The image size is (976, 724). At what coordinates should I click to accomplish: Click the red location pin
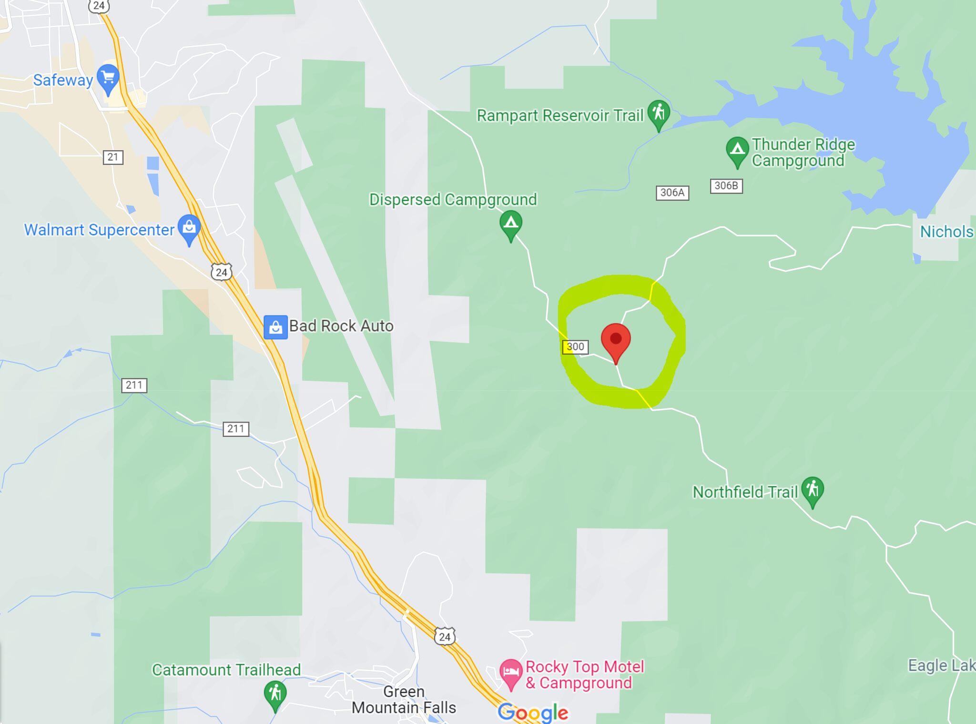[x=616, y=339]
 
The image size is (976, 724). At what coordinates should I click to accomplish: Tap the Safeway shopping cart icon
[x=108, y=77]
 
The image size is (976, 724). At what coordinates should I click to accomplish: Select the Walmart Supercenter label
[x=99, y=230]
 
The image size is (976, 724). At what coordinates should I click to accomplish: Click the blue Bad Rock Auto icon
[x=275, y=327]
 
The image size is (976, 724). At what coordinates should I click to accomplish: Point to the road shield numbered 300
[x=575, y=347]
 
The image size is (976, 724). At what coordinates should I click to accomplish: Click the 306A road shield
[x=672, y=193]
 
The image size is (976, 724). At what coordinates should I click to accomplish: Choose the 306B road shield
[x=726, y=185]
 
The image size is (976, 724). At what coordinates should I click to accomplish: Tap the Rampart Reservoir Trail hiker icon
[x=659, y=113]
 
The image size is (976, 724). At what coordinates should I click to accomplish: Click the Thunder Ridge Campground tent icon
[x=737, y=150]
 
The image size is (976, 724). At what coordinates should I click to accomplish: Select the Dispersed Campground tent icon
[x=510, y=223]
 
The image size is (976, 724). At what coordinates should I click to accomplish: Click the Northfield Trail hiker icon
[x=813, y=489]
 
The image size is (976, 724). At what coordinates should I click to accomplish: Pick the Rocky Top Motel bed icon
[x=511, y=672]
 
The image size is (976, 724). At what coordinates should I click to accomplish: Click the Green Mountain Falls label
[x=404, y=699]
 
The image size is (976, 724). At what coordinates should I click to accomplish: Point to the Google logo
[x=533, y=713]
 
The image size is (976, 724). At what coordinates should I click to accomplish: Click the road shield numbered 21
[x=113, y=157]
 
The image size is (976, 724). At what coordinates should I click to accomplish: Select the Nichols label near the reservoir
[x=946, y=232]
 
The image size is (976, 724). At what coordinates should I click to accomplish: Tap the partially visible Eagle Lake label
[x=941, y=665]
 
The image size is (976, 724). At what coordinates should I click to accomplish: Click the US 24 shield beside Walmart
[x=221, y=272]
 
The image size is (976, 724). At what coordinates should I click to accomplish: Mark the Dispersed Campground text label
[x=453, y=199]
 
